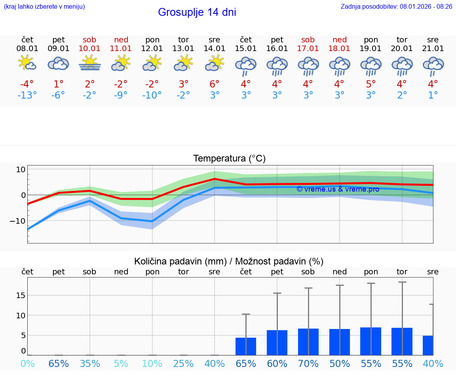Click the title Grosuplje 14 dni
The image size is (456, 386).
[197, 12]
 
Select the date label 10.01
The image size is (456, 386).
[90, 48]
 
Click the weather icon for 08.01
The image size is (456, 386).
[27, 63]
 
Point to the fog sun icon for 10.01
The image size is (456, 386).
[90, 63]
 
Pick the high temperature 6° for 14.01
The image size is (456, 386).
[215, 84]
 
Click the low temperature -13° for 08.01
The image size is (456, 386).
[27, 95]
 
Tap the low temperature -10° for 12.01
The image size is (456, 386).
[152, 95]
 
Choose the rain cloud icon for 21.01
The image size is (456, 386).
[433, 65]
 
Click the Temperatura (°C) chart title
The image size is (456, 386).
[229, 158]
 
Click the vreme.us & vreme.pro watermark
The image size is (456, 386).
[338, 189]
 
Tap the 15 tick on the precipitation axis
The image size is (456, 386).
[21, 295]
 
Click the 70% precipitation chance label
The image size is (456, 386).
[308, 363]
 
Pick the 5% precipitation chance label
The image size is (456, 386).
[121, 363]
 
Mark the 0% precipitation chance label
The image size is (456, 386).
[27, 363]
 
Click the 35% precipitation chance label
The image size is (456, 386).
[90, 363]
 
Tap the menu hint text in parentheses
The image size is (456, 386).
[44, 6]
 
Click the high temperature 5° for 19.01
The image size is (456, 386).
[371, 84]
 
